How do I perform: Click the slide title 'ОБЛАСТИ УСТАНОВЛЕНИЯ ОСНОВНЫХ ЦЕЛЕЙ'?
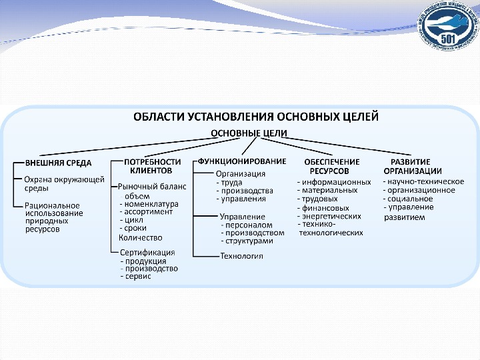[x=257, y=117]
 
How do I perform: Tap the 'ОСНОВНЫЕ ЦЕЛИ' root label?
[x=249, y=133]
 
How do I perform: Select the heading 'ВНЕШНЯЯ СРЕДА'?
[x=58, y=162]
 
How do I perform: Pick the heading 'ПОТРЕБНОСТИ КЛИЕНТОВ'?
[x=152, y=165]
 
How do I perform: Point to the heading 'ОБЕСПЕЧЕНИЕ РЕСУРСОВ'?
[x=331, y=165]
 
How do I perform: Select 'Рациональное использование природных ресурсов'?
[x=53, y=217]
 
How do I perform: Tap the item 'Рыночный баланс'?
[x=152, y=187]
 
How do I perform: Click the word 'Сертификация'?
[x=147, y=252]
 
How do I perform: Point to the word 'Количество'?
[x=140, y=237]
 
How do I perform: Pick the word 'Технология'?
[x=241, y=256]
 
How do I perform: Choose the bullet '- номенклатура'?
[x=149, y=203]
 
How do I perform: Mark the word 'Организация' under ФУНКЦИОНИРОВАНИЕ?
[x=241, y=173]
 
